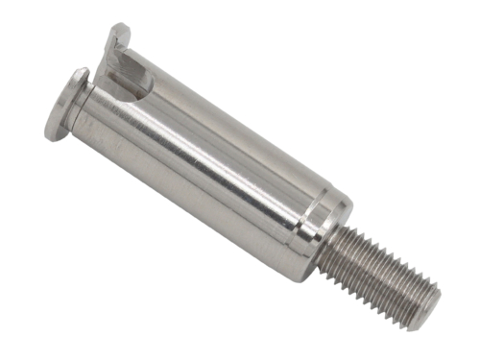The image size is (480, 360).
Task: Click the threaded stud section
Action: click(379, 274)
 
